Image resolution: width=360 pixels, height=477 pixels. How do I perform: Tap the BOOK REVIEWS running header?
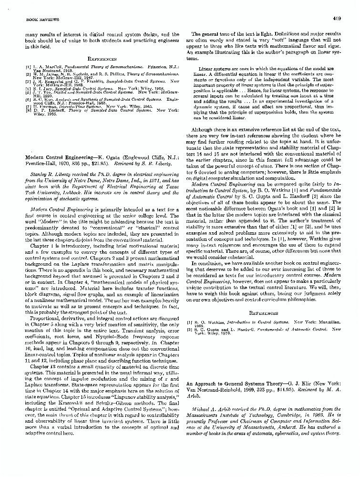31,20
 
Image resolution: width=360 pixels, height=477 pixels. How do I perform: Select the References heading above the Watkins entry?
265,313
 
